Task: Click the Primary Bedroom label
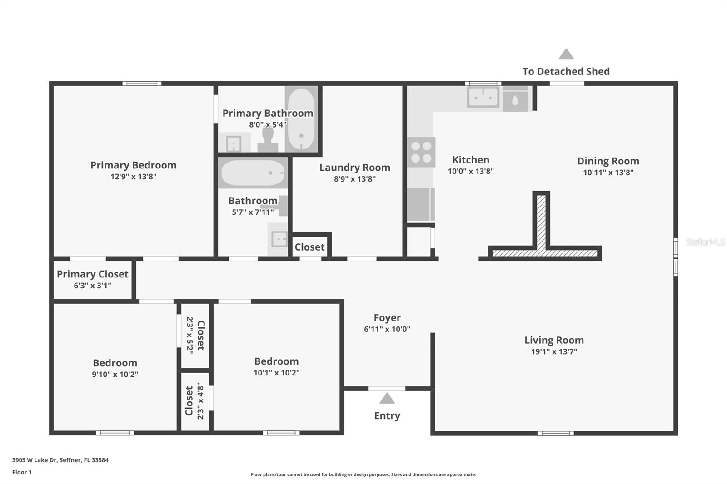(x=133, y=165)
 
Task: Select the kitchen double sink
(x=483, y=97)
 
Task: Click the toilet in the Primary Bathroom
(x=268, y=139)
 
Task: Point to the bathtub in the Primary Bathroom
(x=301, y=119)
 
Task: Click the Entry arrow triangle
(x=387, y=399)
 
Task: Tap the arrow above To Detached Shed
(x=566, y=54)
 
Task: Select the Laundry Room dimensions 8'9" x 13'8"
(x=354, y=179)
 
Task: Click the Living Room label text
(x=554, y=340)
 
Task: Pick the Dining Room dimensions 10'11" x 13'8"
(x=608, y=173)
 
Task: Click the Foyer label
(x=387, y=318)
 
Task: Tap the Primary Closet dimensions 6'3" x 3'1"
(x=92, y=286)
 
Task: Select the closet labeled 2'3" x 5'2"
(x=195, y=335)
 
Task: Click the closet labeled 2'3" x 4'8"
(x=195, y=401)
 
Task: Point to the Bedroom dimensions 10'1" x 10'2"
(x=276, y=373)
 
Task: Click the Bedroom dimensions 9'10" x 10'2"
(x=115, y=375)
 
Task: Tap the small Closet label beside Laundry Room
(x=309, y=247)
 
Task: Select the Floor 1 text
(x=22, y=472)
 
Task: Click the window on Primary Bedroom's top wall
(x=142, y=84)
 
